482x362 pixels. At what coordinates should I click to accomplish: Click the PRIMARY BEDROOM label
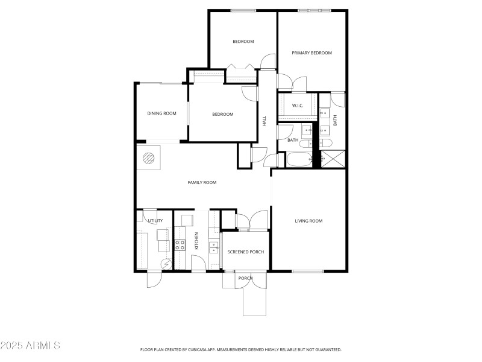pos(311,53)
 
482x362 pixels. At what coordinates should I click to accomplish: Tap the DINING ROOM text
pos(161,113)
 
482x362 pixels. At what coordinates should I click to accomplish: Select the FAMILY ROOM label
pos(202,182)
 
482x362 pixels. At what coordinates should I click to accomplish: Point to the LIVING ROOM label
pos(308,221)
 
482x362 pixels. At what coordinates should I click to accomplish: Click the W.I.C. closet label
pos(297,106)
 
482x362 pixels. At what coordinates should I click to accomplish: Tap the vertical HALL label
pos(264,121)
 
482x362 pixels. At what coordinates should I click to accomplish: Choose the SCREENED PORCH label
pos(246,252)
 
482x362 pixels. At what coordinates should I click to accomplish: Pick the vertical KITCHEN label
pos(196,241)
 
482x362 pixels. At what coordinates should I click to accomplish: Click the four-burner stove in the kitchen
pos(180,245)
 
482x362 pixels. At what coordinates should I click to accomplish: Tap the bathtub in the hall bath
pos(299,160)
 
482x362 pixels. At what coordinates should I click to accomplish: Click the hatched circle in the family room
pos(149,159)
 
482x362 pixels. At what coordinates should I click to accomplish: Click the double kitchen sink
pos(213,247)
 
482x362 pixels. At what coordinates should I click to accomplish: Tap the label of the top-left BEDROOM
pos(243,42)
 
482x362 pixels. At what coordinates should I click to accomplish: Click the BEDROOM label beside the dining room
pos(222,115)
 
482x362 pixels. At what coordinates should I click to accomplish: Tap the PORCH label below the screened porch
pos(245,278)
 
